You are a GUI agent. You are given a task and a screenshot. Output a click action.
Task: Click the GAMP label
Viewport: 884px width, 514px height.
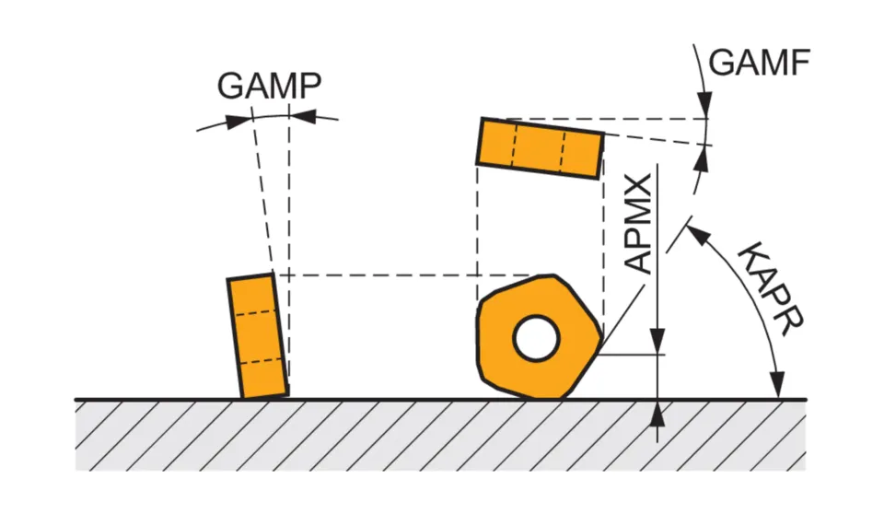point(269,86)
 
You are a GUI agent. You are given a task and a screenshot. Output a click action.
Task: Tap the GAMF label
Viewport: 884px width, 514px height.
point(760,62)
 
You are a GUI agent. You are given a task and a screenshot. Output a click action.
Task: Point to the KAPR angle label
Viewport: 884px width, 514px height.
point(773,288)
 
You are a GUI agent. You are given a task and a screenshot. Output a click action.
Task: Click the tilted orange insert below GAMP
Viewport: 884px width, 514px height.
point(258,336)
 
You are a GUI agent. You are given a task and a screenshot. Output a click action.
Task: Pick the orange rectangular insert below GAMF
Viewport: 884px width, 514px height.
point(540,146)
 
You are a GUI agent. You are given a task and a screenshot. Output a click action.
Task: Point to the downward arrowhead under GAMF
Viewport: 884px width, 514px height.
point(706,107)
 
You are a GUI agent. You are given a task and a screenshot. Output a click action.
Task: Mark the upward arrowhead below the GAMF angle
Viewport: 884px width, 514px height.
point(706,156)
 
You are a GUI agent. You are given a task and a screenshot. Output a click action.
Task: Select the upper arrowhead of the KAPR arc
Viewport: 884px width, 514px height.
point(696,233)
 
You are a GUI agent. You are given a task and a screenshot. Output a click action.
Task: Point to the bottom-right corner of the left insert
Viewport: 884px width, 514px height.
point(287,395)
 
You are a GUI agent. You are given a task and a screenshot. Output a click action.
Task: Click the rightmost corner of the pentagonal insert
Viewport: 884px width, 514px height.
point(602,354)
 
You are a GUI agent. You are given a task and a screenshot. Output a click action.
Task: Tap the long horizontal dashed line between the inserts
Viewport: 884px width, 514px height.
point(405,275)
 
